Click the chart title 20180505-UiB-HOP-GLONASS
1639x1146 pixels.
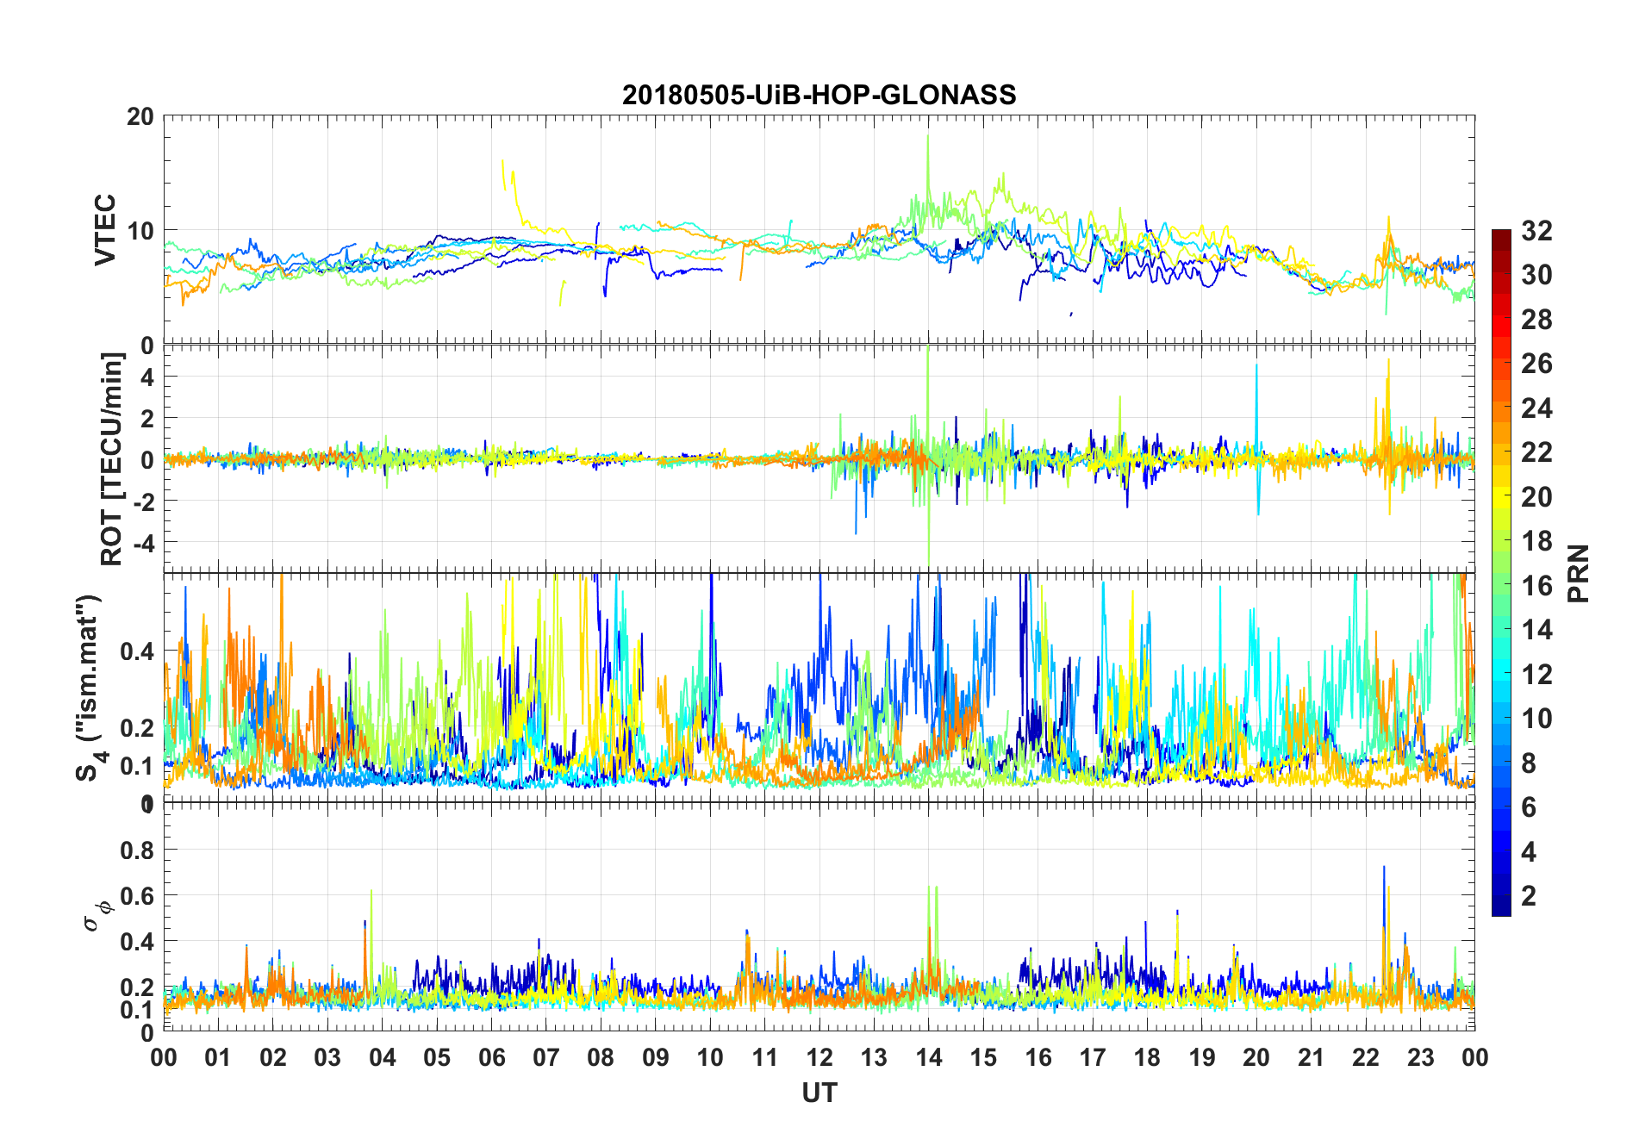pyautogui.click(x=819, y=95)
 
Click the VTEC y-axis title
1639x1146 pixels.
pyautogui.click(x=105, y=230)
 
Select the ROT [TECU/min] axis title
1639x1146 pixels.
pyautogui.click(x=112, y=458)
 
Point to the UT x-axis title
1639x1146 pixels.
pyautogui.click(x=819, y=1093)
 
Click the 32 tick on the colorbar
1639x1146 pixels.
pyautogui.click(x=1536, y=231)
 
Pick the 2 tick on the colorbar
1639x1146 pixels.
pyautogui.click(x=1529, y=896)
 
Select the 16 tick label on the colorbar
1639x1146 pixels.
pyautogui.click(x=1536, y=586)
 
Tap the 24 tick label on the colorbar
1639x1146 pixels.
pyautogui.click(x=1536, y=408)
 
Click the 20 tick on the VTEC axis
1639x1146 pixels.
pyautogui.click(x=140, y=117)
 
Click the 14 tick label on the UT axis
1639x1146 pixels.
pyautogui.click(x=928, y=1058)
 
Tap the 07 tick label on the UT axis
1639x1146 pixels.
pyautogui.click(x=545, y=1058)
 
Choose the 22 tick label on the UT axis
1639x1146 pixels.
pyautogui.click(x=1365, y=1058)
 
